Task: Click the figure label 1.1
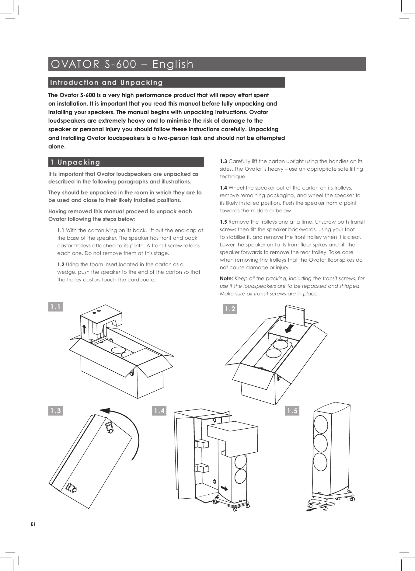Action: [x=55, y=307]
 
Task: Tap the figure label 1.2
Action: [x=230, y=309]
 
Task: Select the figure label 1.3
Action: [x=55, y=411]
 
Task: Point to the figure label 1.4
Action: [x=159, y=411]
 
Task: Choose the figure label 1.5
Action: [x=292, y=411]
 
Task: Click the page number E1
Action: [x=33, y=524]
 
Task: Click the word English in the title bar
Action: [x=173, y=64]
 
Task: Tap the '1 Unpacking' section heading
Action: [x=75, y=162]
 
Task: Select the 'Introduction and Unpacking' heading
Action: [x=106, y=82]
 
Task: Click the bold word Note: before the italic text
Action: [x=226, y=278]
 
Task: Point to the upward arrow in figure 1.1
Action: [x=84, y=329]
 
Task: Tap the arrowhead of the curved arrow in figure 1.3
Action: [x=105, y=411]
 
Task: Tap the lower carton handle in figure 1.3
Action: [x=72, y=488]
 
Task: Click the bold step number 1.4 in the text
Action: [x=223, y=188]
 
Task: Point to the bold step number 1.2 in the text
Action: [x=61, y=264]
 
